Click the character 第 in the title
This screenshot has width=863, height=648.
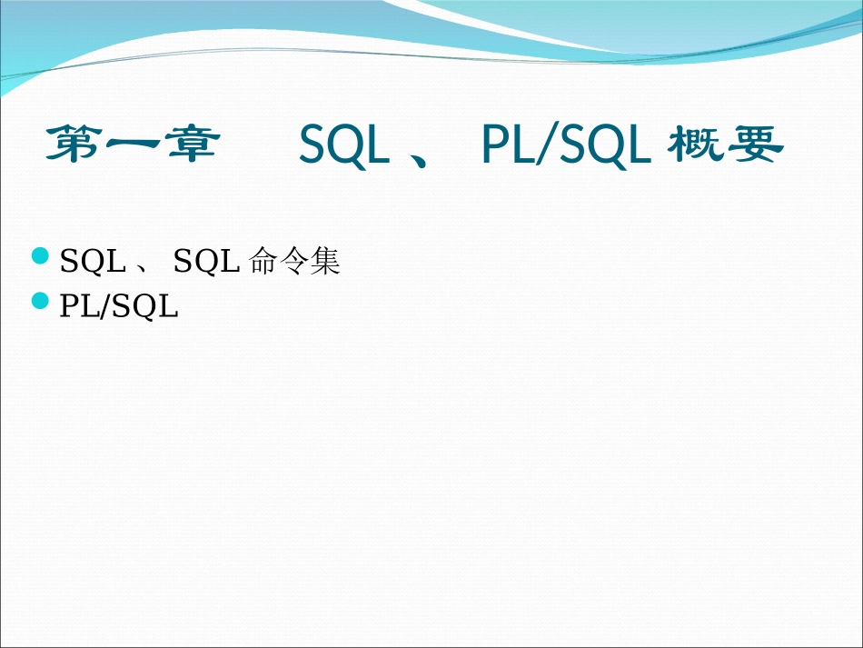pos(74,145)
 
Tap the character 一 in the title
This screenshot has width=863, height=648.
pos(134,145)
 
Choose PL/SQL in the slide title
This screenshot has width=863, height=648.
pos(566,146)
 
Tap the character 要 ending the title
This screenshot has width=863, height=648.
pos(754,145)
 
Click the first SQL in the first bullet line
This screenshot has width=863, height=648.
pos(93,263)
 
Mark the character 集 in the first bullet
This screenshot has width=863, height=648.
pos(324,262)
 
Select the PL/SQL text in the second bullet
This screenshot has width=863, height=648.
pos(119,307)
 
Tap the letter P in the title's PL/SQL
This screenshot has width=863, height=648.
pos(494,146)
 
